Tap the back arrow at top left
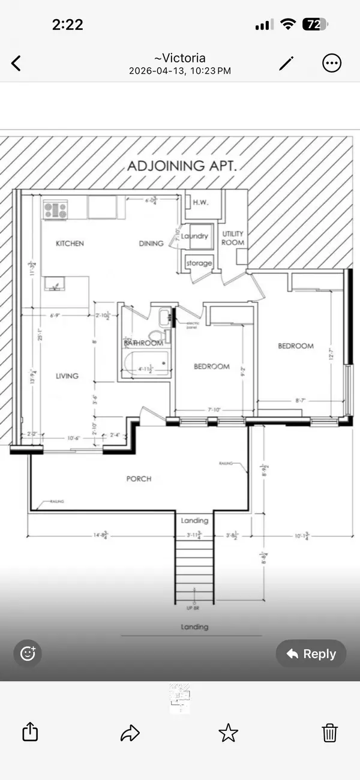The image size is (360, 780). [16, 63]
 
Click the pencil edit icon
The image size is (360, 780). [287, 63]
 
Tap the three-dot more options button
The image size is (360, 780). [332, 63]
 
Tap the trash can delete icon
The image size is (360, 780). [329, 732]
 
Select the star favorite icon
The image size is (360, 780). [228, 732]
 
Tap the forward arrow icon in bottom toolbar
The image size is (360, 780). [130, 732]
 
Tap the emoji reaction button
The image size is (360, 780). [28, 653]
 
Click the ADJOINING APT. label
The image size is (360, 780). [182, 166]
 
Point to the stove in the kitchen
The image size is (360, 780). [55, 210]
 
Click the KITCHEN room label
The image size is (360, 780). [70, 244]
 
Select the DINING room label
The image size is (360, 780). [151, 244]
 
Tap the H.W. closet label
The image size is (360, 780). [200, 202]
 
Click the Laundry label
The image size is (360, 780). [195, 236]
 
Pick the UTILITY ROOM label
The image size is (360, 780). [233, 238]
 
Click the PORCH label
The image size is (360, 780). [139, 479]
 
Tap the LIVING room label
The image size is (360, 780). [67, 376]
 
